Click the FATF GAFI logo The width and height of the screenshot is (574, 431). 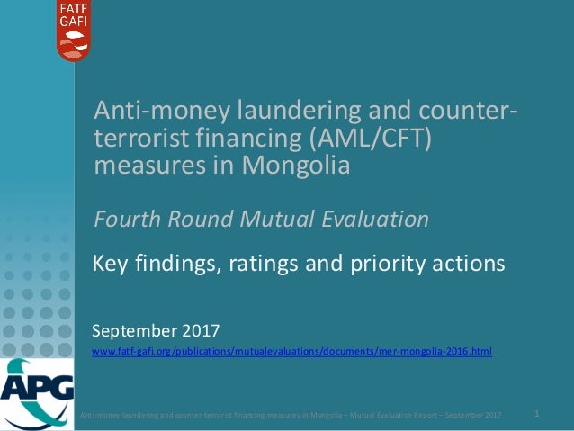74,30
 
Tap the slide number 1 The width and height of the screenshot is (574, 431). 537,414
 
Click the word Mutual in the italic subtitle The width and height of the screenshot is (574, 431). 274,219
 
